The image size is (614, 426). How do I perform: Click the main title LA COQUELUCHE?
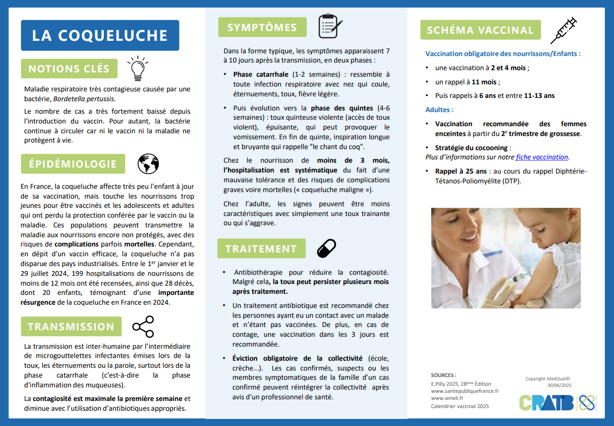tap(100, 35)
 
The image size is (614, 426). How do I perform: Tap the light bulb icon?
tap(137, 67)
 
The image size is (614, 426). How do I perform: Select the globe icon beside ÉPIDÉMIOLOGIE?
tap(148, 163)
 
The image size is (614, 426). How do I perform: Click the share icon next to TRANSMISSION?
tap(143, 326)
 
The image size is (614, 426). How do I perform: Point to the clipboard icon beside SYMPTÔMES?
tap(330, 26)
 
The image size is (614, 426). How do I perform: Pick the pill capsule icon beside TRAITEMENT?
tap(326, 248)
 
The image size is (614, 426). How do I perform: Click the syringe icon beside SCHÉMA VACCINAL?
tap(563, 30)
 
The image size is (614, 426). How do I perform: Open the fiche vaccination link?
tap(542, 157)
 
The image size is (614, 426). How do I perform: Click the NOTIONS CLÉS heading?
tap(69, 69)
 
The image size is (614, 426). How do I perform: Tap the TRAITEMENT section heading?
tap(261, 249)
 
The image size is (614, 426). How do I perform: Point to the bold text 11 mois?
tap(485, 82)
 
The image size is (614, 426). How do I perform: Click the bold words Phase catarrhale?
tap(261, 75)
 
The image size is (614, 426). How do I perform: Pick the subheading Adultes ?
tap(439, 110)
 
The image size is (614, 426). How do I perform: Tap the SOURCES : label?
tap(443, 375)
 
